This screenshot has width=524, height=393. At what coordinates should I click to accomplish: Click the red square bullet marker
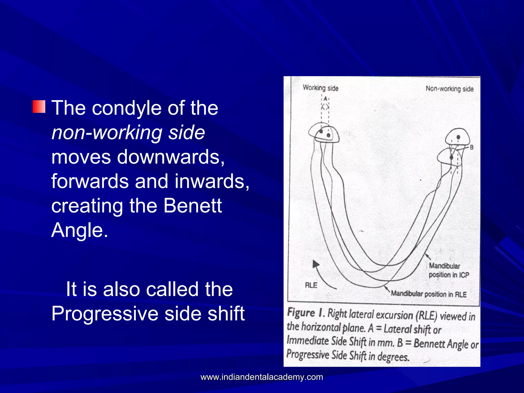point(39,107)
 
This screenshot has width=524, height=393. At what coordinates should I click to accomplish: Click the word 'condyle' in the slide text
point(126,108)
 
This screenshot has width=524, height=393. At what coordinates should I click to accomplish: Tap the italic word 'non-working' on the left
point(107,133)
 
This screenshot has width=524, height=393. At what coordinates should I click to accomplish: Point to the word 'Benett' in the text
point(192,206)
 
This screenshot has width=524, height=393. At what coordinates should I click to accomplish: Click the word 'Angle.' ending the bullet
point(80,230)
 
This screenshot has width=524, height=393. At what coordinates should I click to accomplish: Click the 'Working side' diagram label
point(320,88)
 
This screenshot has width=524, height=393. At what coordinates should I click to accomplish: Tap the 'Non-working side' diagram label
point(449,89)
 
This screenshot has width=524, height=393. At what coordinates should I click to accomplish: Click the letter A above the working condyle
point(325,99)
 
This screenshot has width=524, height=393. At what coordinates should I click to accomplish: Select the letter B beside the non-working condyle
point(472,147)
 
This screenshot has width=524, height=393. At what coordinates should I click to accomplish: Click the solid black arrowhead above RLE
point(316,264)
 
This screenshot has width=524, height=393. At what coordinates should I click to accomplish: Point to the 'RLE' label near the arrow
point(311,285)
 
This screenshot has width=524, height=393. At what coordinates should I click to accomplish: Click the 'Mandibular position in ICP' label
point(449,270)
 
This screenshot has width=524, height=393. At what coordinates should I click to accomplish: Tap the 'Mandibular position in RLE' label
point(429,294)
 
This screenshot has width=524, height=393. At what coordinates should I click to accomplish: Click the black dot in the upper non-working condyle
point(458,137)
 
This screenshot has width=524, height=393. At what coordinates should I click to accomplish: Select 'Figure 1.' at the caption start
point(306,313)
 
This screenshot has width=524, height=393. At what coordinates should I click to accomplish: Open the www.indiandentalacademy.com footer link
point(262,377)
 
